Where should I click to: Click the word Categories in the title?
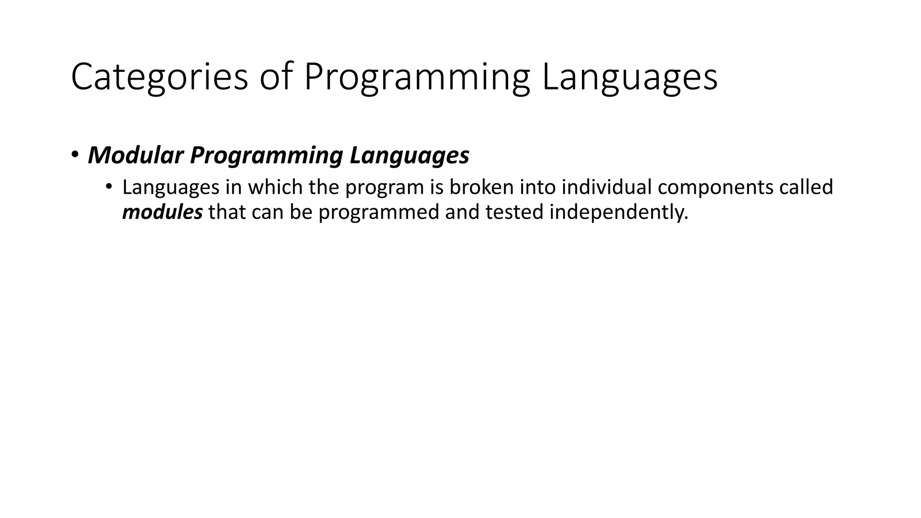click(x=159, y=77)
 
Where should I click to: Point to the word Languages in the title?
click(x=630, y=77)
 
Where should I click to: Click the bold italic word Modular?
click(x=136, y=155)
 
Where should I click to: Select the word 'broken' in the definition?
click(x=482, y=187)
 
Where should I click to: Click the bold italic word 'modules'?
click(x=162, y=212)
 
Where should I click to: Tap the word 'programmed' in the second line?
click(x=379, y=212)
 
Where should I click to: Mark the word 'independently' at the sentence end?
click(x=619, y=212)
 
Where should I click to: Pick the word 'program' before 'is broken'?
click(x=384, y=187)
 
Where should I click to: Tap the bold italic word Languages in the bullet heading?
click(x=409, y=155)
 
